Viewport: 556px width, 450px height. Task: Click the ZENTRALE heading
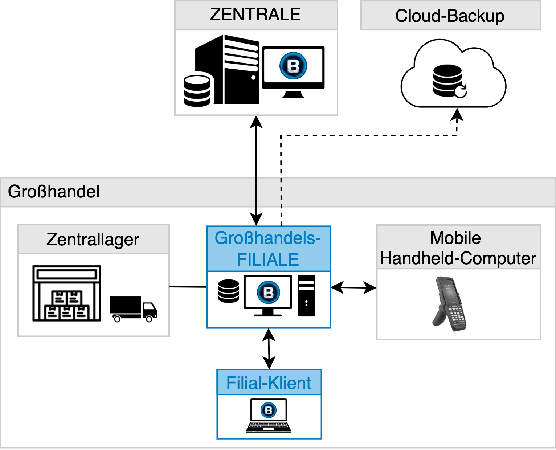255,15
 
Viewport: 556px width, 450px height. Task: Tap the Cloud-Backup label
450,16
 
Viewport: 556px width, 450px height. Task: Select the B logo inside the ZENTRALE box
293,66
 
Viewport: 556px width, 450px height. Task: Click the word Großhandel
54,192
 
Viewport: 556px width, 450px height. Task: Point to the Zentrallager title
93,240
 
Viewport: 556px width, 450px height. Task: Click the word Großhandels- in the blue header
267,238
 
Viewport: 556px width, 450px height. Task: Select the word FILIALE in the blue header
268,259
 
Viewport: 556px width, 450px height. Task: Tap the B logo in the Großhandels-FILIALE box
268,292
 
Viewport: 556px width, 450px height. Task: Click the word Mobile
455,238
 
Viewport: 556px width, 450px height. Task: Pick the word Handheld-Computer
458,258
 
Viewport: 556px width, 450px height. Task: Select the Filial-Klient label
269,383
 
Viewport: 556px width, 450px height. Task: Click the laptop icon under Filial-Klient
269,416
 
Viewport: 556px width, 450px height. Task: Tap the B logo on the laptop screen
269,410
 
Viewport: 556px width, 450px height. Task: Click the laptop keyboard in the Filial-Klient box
269,425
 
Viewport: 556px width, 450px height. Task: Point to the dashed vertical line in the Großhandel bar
281,192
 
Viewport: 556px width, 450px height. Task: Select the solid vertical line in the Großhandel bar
256,192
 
